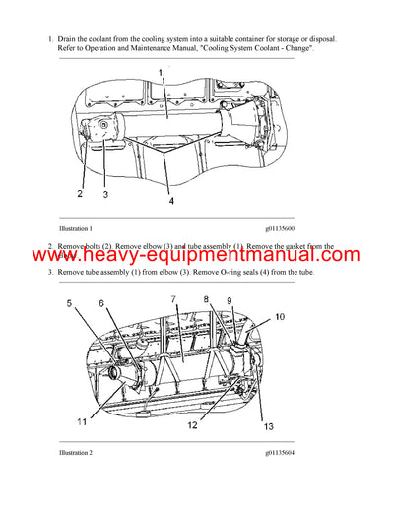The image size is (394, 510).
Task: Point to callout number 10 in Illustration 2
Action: [x=280, y=317]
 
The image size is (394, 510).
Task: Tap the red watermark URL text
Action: [x=197, y=255]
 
